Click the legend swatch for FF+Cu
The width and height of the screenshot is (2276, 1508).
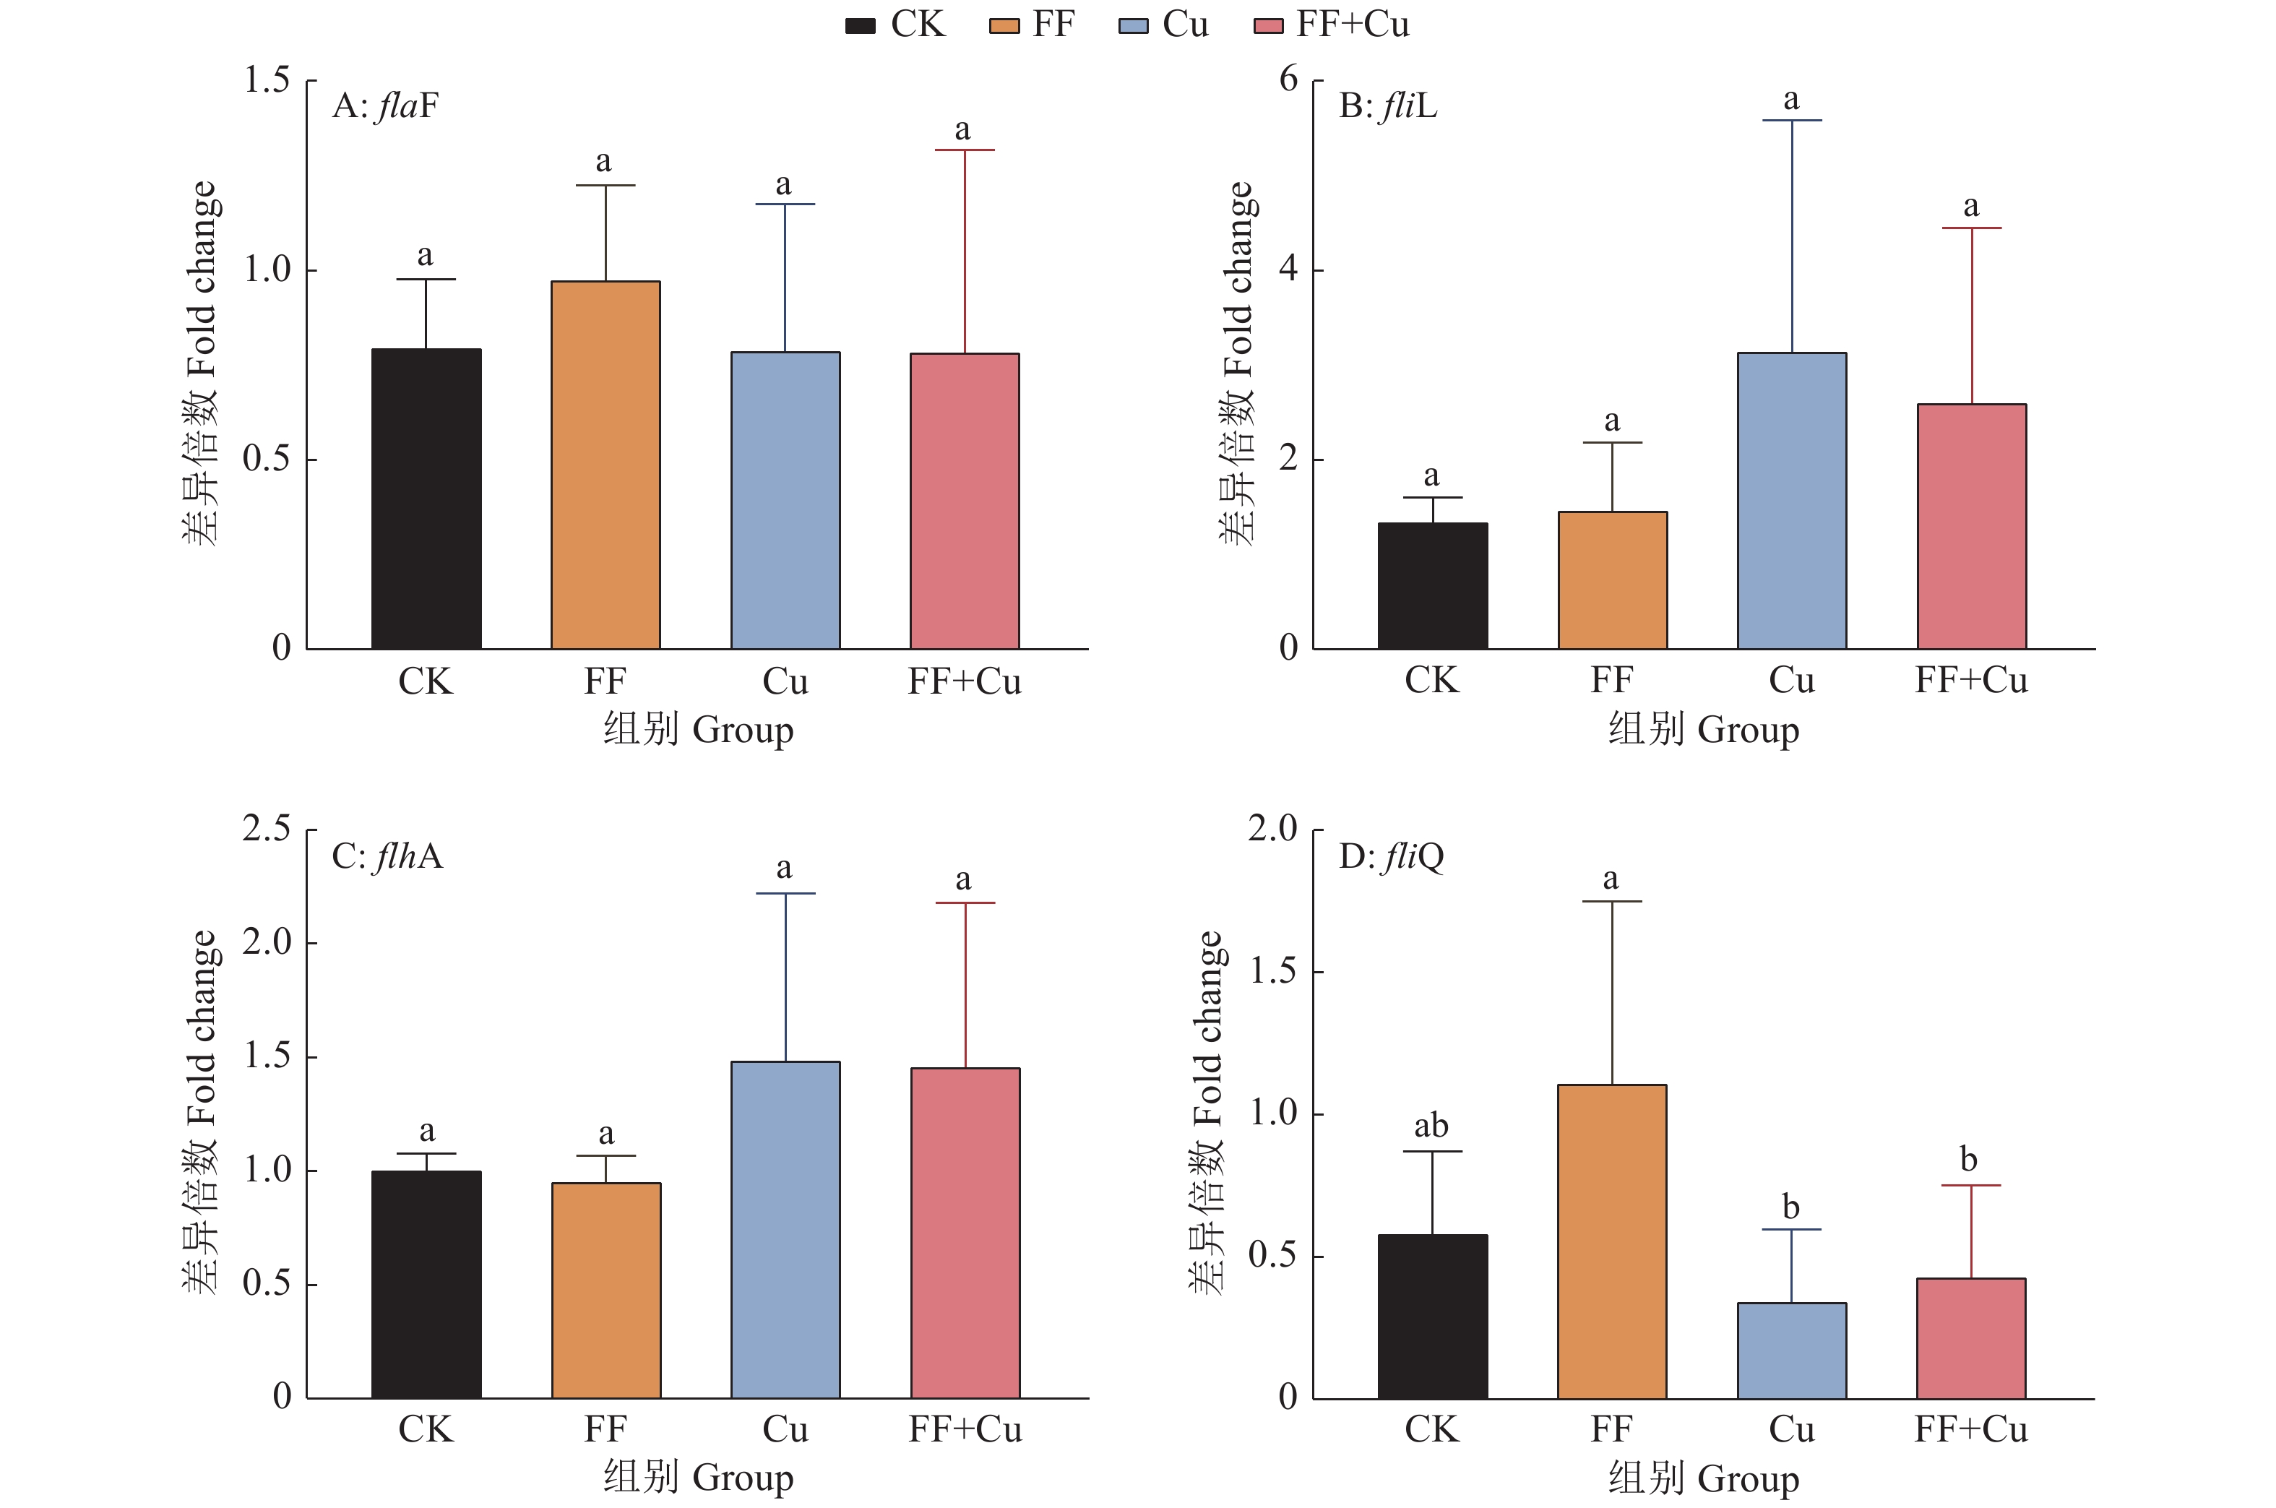point(1268,26)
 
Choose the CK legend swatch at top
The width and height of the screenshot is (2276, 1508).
point(860,26)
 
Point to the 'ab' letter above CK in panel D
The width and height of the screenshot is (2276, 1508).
point(1431,1125)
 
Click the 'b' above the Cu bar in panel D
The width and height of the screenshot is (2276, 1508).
point(1790,1206)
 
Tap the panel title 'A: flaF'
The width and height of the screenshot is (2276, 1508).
point(384,105)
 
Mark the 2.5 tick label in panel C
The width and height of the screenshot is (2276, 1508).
point(267,829)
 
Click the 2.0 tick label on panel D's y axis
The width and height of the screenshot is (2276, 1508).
point(1272,829)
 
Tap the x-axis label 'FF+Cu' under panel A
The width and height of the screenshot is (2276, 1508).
point(965,682)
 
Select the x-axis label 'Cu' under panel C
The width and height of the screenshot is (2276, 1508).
point(785,1430)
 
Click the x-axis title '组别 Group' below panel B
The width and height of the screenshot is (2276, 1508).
point(1703,729)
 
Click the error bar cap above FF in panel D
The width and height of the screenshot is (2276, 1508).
point(1611,902)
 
